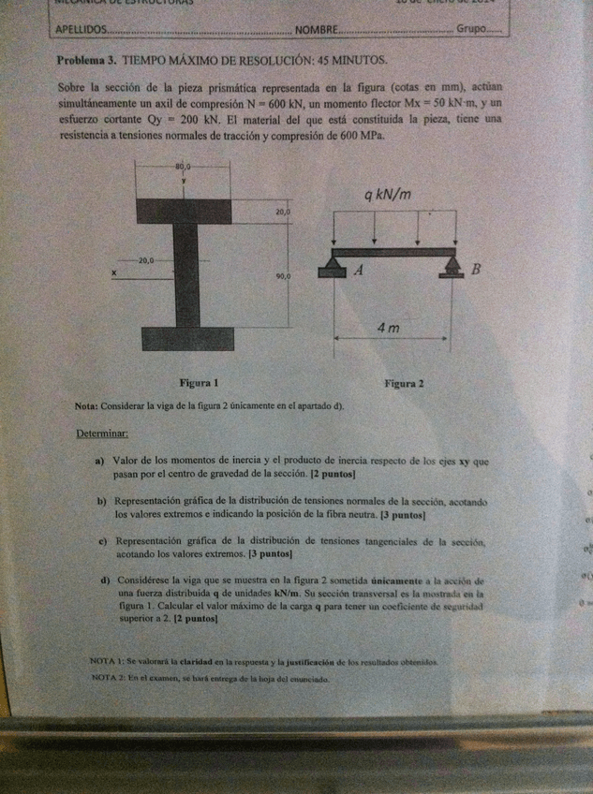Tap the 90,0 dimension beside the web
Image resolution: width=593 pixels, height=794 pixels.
pyautogui.click(x=283, y=277)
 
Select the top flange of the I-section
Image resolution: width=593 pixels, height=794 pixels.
pyautogui.click(x=185, y=210)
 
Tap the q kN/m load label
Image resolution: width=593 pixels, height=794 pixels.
pyautogui.click(x=388, y=196)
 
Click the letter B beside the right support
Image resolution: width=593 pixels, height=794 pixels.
pyautogui.click(x=476, y=272)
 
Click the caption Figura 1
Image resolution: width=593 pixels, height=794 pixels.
pyautogui.click(x=199, y=382)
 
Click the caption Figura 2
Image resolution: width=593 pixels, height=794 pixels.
pyautogui.click(x=404, y=383)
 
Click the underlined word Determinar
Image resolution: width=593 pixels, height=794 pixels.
pyautogui.click(x=102, y=434)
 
